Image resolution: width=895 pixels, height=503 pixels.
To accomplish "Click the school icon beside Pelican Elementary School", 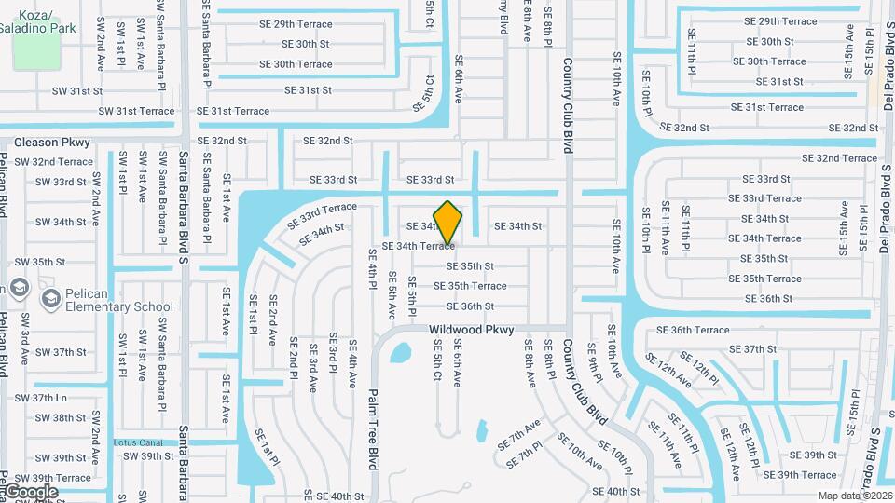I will [x=50, y=298].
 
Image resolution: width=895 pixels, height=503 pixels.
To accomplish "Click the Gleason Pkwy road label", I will [x=52, y=143].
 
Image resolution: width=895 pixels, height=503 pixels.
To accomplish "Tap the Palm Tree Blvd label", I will [x=373, y=428].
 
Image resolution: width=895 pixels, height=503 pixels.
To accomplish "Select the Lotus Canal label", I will [x=138, y=442].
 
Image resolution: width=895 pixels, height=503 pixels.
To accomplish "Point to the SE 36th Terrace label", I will [x=693, y=330].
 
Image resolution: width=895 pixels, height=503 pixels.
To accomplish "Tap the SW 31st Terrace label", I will [x=136, y=111].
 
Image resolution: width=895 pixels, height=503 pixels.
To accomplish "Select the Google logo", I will [x=30, y=492].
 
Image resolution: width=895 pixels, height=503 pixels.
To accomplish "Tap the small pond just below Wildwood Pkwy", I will [x=400, y=353].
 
